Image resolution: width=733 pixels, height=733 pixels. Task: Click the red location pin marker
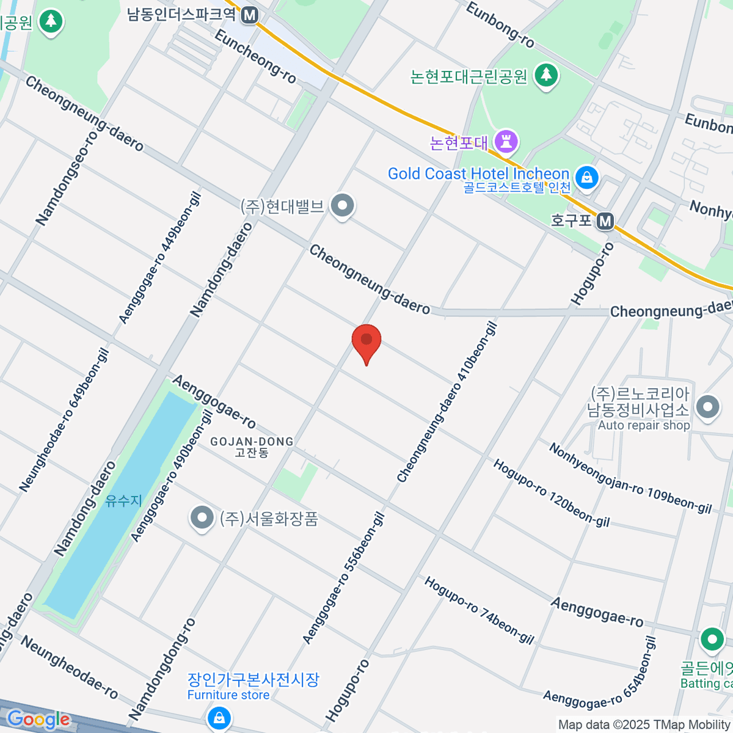point(366,341)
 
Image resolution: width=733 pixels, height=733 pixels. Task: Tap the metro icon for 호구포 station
point(605,221)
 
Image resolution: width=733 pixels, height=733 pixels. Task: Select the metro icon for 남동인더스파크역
point(249,15)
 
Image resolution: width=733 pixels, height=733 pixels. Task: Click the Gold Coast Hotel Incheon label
point(478,174)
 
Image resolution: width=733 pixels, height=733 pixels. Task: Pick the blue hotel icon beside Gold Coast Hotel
point(587,178)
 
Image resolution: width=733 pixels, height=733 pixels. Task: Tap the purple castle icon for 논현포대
point(506,142)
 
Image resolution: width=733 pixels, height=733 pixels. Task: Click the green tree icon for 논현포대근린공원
point(546,76)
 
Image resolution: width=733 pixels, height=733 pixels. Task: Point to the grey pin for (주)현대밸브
point(342,206)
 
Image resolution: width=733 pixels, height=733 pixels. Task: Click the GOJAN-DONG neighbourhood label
point(252,442)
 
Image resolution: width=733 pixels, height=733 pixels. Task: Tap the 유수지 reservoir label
point(124,501)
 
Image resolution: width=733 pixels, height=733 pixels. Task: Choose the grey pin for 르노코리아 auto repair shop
point(708,407)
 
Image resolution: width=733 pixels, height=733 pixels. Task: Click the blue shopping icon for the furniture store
point(219,718)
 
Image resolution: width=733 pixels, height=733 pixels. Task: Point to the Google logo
point(38,720)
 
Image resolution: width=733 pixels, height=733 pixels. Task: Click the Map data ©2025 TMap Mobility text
point(644,724)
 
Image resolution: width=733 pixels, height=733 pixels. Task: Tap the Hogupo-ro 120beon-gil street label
point(551,493)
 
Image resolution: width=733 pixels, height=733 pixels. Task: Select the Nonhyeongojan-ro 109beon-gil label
point(630,478)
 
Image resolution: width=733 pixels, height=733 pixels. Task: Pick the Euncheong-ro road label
point(255,56)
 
